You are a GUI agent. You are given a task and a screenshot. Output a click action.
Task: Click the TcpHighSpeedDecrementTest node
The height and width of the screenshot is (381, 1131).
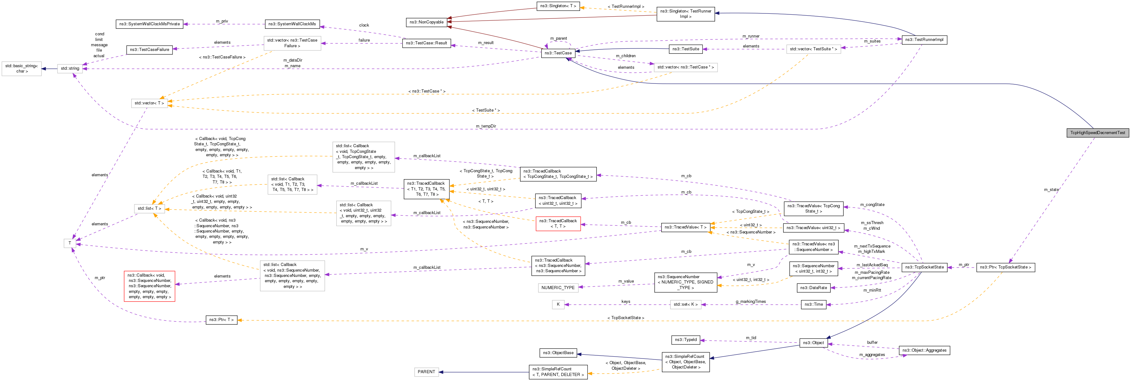[1097, 133]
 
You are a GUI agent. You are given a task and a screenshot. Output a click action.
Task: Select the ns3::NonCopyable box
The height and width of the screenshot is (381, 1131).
[426, 22]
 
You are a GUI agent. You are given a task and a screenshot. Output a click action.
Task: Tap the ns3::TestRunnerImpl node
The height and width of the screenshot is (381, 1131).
[924, 39]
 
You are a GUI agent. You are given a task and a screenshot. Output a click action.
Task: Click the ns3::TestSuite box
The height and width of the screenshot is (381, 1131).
[685, 49]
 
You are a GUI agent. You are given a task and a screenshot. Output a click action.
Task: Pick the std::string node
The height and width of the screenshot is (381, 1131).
[70, 68]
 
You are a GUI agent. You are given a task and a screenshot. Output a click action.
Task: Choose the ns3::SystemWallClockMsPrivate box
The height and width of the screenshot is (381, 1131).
[149, 24]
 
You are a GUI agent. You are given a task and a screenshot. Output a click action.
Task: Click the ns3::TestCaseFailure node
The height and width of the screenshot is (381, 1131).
[149, 50]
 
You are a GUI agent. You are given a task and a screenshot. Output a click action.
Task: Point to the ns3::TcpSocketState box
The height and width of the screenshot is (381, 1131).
[924, 267]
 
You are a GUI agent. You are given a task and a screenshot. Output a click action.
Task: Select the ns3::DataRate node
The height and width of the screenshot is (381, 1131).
[813, 288]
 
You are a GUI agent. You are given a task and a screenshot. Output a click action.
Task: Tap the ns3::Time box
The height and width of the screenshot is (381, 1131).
[813, 304]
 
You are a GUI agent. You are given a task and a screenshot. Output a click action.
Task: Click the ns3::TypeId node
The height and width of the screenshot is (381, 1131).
[685, 340]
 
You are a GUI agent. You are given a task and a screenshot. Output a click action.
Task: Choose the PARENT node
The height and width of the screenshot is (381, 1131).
[426, 372]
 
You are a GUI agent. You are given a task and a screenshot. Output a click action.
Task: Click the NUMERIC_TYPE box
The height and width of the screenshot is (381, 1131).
[558, 288]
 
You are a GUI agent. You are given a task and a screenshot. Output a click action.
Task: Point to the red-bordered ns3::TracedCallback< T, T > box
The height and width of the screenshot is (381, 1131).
[558, 223]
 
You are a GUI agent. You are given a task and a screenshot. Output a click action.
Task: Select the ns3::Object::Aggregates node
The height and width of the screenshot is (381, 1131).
[924, 350]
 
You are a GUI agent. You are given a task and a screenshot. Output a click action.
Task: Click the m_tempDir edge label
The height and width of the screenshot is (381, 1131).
[486, 126]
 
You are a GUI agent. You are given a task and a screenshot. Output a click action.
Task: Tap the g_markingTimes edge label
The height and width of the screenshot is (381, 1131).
[750, 302]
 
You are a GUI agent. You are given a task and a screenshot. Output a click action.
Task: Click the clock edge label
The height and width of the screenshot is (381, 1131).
[364, 25]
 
